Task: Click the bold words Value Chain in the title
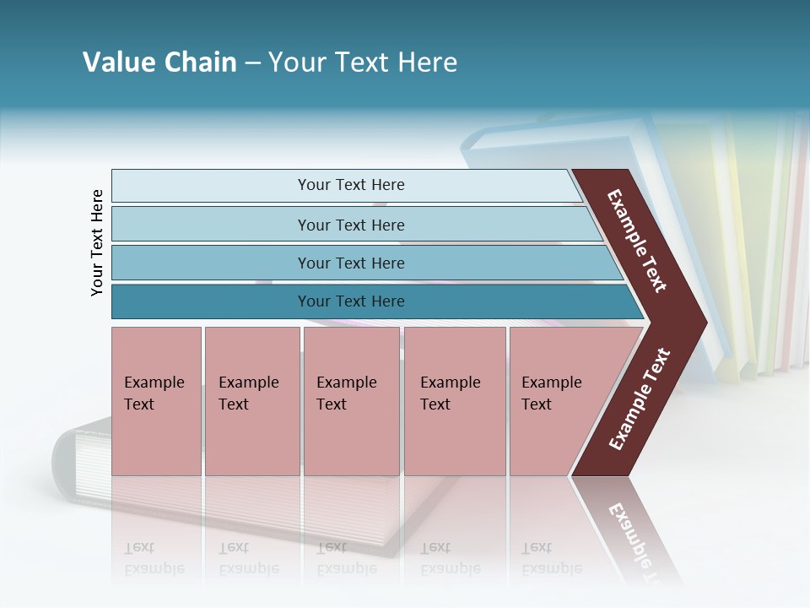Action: pos(159,62)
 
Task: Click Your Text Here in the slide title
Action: pos(363,62)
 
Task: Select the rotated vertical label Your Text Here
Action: pos(97,243)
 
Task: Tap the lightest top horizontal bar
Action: pos(350,185)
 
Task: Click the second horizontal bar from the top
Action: pos(350,225)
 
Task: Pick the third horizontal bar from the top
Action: pos(350,263)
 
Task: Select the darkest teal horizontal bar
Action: pos(350,301)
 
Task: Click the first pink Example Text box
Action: pos(156,401)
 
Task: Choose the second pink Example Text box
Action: pos(251,401)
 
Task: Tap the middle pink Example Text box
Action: pos(351,401)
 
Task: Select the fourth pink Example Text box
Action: pos(454,401)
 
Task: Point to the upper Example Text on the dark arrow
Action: pos(637,241)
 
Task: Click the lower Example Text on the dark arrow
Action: pos(640,399)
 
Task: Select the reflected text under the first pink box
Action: pos(154,558)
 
